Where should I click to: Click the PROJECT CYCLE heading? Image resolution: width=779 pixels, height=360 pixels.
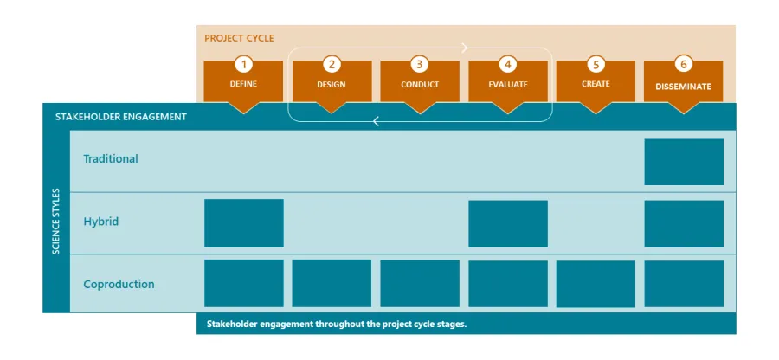239,38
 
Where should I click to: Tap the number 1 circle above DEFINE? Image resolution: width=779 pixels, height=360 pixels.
243,64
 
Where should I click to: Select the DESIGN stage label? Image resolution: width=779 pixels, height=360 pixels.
332,85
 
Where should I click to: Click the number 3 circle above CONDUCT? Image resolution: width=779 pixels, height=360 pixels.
420,64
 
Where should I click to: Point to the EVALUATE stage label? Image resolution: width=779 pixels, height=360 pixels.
508,85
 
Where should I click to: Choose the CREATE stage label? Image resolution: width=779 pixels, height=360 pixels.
596,84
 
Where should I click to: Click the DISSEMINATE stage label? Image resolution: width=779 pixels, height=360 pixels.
684,87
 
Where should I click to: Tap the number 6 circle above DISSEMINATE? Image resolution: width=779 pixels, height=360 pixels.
684,64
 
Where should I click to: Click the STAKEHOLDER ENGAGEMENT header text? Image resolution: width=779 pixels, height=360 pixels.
120,116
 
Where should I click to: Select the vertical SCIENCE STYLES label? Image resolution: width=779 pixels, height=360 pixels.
56,221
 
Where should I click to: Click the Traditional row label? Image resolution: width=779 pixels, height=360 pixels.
111,159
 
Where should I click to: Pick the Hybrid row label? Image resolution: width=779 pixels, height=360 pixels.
101,222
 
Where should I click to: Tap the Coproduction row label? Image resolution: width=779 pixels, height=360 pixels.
119,284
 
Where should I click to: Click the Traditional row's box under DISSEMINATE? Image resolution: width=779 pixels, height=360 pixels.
684,162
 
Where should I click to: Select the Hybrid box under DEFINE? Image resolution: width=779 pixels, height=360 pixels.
243,223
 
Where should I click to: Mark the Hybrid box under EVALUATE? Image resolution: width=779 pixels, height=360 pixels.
508,223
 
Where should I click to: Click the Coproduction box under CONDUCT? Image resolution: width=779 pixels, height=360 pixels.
420,284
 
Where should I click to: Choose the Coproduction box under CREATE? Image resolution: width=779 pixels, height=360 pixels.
596,284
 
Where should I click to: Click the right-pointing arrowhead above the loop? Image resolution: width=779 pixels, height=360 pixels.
465,48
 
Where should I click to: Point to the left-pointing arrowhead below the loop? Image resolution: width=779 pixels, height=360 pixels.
377,122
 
